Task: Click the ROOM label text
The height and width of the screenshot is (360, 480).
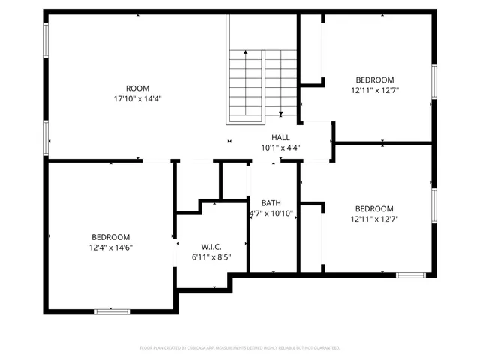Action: click(x=137, y=88)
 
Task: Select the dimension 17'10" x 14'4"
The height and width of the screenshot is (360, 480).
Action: click(x=137, y=98)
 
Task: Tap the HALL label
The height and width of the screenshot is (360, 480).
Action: click(x=280, y=137)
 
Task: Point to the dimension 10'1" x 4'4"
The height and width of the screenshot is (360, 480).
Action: click(x=280, y=148)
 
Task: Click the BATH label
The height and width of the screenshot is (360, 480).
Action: click(x=271, y=203)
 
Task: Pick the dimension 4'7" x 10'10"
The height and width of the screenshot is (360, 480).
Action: click(x=271, y=214)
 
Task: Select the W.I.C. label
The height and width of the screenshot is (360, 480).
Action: click(x=211, y=247)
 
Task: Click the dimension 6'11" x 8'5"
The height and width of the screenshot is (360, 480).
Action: click(x=211, y=257)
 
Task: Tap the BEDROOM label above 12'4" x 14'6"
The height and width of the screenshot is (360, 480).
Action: click(x=111, y=236)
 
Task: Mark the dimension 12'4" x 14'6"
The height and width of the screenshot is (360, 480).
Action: click(x=111, y=247)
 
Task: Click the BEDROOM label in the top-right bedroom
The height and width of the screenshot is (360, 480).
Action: click(x=374, y=79)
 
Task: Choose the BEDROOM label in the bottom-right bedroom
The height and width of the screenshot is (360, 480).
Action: click(x=374, y=208)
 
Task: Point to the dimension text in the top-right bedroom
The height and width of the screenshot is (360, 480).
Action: click(x=374, y=90)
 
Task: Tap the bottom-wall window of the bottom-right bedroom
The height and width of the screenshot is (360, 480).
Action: click(x=411, y=275)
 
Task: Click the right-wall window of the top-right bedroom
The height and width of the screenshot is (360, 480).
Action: click(x=433, y=82)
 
